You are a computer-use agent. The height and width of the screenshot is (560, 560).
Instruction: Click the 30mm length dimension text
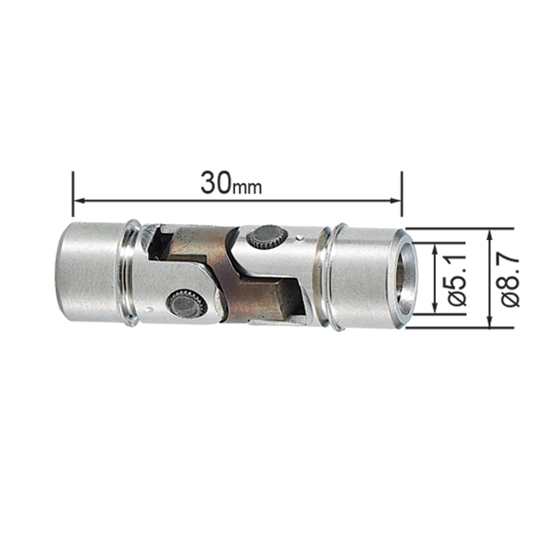pos(231,183)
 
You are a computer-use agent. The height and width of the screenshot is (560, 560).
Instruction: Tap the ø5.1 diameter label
pos(457,279)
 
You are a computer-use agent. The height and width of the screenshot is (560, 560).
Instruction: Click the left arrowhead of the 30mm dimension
pos(78,200)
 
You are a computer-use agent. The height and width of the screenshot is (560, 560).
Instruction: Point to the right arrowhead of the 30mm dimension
pos(397,200)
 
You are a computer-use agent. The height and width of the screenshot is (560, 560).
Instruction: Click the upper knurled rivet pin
pos(267,237)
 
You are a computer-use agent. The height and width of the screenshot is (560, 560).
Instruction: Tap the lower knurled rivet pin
pos(186,303)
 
